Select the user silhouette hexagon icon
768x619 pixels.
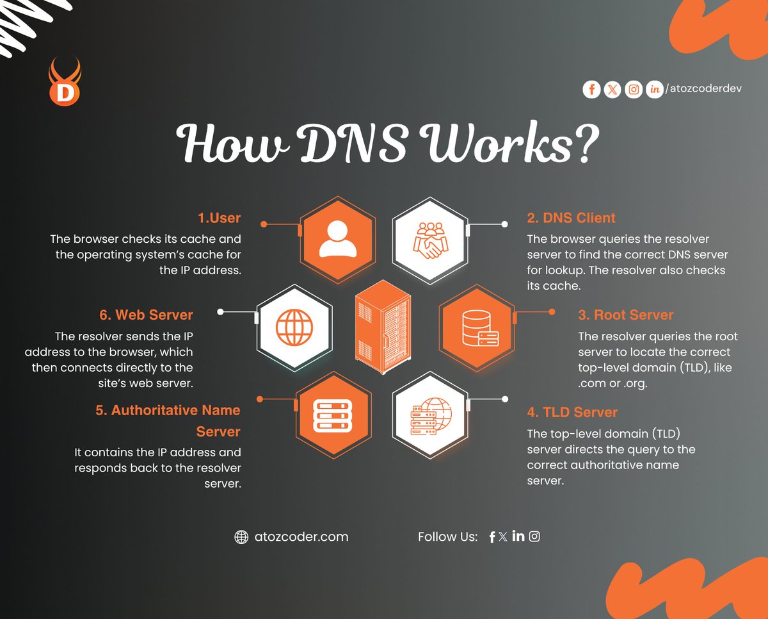[337, 239]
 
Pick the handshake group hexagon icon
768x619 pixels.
[429, 239]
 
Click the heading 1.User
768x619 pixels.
[219, 218]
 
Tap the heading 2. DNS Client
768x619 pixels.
[571, 218]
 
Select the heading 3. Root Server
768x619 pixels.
[625, 315]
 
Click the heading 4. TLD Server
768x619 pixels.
[572, 412]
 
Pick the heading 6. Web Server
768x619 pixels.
[146, 315]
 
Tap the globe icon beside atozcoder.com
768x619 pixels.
[241, 537]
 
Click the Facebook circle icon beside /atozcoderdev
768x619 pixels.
[591, 90]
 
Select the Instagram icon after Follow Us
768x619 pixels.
[534, 536]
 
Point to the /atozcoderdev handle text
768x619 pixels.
[703, 89]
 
